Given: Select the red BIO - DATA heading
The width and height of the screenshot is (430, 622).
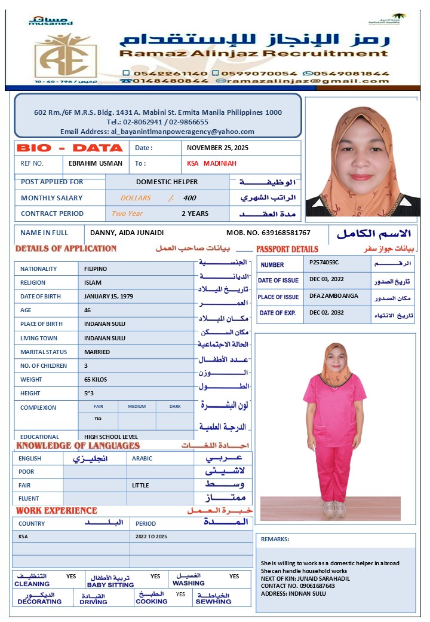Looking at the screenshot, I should point(70,148).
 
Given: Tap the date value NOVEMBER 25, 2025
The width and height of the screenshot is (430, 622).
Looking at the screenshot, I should point(217,148).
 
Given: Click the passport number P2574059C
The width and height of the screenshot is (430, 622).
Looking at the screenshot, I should point(324,262).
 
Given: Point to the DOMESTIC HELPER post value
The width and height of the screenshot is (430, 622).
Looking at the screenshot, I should point(167,182).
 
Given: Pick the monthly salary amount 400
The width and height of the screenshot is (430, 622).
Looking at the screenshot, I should point(189,198).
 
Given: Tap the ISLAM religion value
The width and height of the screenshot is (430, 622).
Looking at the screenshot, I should point(93,282).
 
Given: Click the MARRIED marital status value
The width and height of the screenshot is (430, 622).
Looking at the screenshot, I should point(97,352).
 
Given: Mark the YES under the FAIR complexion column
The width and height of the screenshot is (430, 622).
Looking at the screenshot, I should point(98,419).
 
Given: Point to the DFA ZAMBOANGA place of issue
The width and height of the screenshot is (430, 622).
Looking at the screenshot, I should point(334,295).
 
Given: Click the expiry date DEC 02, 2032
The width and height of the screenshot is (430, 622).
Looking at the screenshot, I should point(327,313).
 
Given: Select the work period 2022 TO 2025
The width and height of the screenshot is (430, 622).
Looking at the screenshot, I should point(151,536).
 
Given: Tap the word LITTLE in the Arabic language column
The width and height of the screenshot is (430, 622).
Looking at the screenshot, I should point(141,485).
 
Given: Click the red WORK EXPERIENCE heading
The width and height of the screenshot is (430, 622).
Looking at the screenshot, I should point(56,511).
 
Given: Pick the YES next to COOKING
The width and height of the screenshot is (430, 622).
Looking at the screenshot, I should point(180,594).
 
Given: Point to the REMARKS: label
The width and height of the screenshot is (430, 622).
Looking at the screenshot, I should point(275,539).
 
